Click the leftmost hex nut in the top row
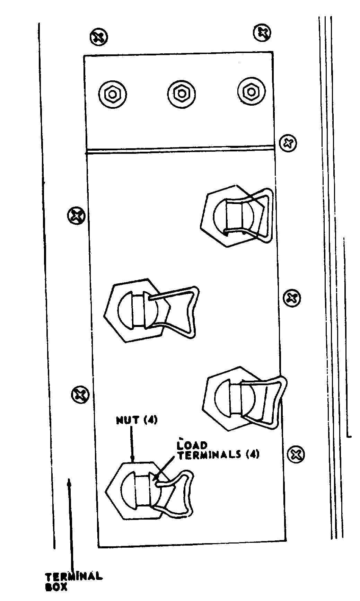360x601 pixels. [113, 94]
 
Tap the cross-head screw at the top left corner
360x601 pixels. [99, 37]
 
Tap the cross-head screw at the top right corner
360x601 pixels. [262, 33]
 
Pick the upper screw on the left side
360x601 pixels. [76, 216]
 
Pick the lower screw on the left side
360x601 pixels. [80, 394]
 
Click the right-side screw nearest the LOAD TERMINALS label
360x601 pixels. [296, 454]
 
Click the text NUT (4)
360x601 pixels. [137, 421]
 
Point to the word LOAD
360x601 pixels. [192, 445]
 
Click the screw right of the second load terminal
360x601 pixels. [292, 298]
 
